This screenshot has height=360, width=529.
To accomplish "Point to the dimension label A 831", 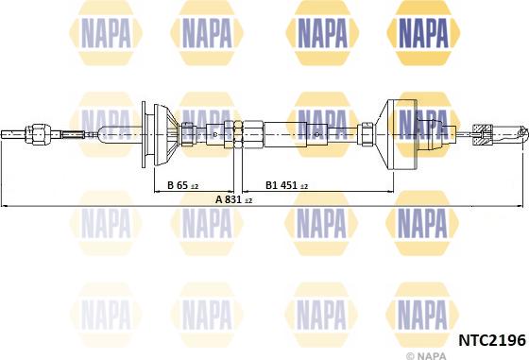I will (228, 199).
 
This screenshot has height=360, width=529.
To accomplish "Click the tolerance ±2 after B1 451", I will (304, 185).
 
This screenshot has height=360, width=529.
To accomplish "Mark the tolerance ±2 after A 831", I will (248, 200).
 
